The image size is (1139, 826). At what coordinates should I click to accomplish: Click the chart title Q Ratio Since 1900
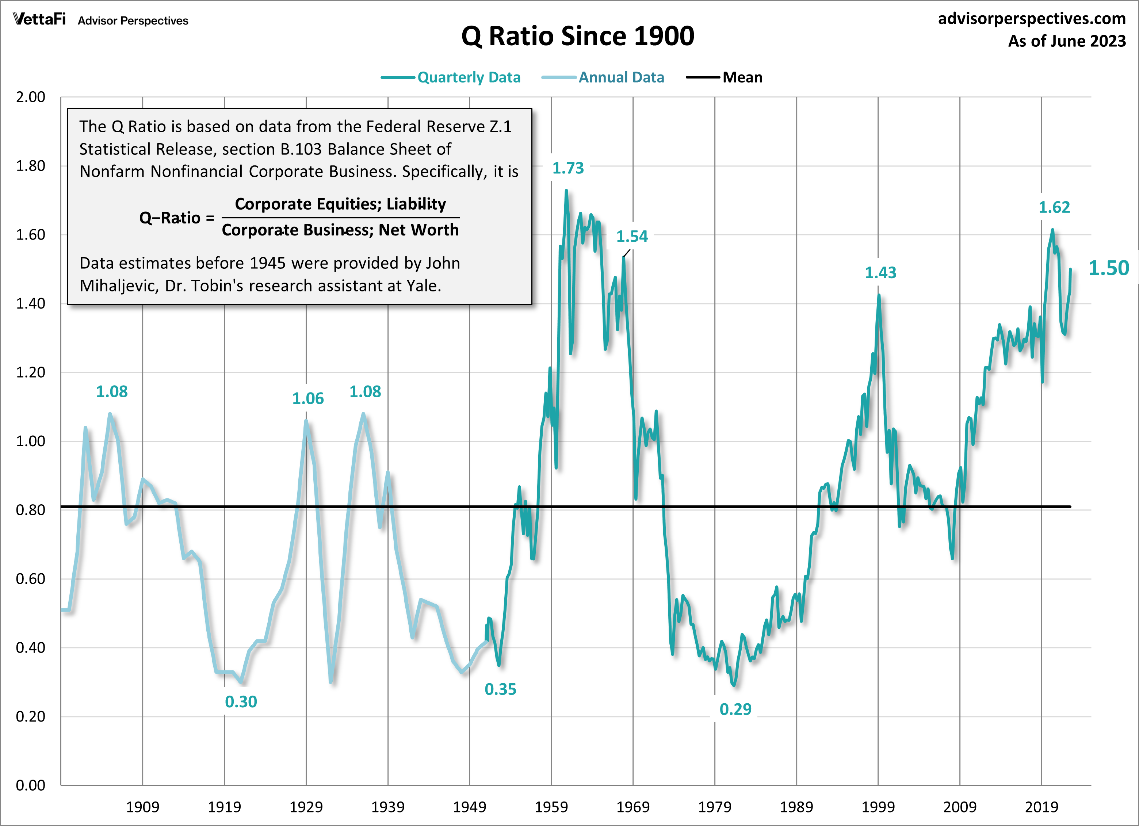click(578, 36)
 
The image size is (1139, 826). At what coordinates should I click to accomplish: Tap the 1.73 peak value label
click(568, 168)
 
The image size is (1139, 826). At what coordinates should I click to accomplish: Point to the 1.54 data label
click(632, 237)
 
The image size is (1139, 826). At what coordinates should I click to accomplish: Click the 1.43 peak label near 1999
click(880, 273)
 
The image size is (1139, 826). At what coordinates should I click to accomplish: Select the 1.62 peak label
click(1054, 207)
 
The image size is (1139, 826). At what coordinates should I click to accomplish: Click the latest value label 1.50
click(1108, 268)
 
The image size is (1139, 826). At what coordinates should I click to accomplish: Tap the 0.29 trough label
click(735, 710)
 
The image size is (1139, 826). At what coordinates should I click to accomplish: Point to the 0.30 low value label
click(241, 702)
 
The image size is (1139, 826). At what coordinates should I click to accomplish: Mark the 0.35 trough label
click(500, 689)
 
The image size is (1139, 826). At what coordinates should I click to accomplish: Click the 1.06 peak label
click(308, 399)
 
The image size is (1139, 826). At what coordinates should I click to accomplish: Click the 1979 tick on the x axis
click(715, 807)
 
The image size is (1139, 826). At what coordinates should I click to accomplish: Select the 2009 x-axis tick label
click(960, 807)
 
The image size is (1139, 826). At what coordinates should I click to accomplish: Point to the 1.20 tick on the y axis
click(31, 372)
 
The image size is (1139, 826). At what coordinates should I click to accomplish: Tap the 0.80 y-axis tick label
click(31, 510)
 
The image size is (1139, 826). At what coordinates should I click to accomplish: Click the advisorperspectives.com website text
click(1032, 19)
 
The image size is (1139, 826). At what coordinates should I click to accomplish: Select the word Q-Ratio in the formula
click(170, 218)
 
